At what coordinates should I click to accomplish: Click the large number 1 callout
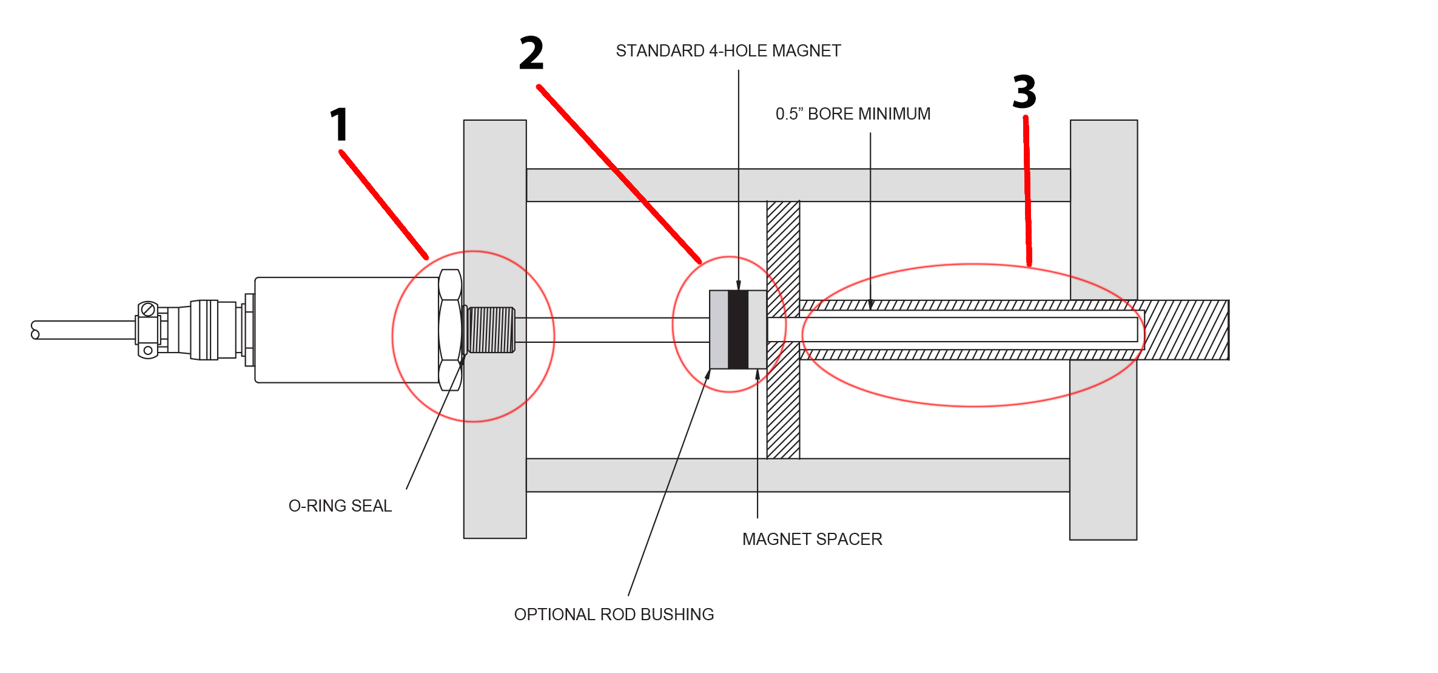(x=340, y=124)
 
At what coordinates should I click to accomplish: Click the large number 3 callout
(x=1024, y=92)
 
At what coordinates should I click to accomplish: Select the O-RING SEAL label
(x=340, y=506)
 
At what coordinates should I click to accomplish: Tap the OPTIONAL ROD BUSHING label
(x=614, y=614)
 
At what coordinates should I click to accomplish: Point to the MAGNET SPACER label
(x=811, y=539)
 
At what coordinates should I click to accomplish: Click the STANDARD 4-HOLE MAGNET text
(x=728, y=51)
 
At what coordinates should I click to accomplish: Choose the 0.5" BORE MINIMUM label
(x=853, y=114)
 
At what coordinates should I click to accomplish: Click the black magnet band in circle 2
(x=738, y=330)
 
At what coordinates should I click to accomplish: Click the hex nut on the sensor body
(x=449, y=330)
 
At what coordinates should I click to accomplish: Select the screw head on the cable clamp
(x=147, y=309)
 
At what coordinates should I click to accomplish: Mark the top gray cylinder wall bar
(x=798, y=185)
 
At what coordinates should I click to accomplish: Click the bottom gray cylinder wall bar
(x=798, y=475)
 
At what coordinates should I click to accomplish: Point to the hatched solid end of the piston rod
(x=1186, y=330)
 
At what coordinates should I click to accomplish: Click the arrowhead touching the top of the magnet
(x=738, y=286)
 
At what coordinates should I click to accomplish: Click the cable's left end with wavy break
(x=35, y=330)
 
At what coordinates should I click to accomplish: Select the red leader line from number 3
(x=1027, y=188)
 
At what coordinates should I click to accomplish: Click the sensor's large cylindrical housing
(x=346, y=330)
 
